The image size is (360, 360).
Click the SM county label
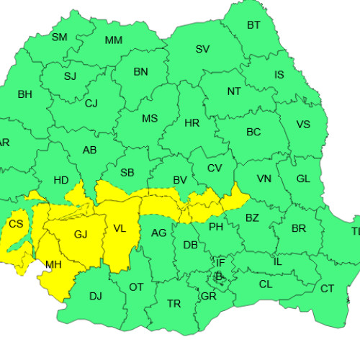tap(60, 37)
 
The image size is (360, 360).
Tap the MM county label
tap(114, 40)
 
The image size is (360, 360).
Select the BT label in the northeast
tap(253, 25)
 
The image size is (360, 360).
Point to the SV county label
tap(202, 49)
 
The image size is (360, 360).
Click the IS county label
tap(279, 75)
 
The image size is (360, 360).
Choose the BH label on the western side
tap(24, 94)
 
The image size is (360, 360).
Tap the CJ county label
tap(91, 104)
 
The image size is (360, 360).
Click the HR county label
tap(192, 123)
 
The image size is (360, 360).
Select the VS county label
tap(303, 124)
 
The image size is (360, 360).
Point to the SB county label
tap(127, 173)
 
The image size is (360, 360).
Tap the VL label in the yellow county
tap(120, 229)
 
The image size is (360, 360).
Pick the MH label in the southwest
tap(53, 264)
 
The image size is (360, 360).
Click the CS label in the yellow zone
tap(16, 225)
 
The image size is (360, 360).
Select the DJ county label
tap(96, 296)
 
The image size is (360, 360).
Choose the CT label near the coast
tap(328, 289)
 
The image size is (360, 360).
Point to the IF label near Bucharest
tap(220, 264)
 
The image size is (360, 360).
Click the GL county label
tap(303, 179)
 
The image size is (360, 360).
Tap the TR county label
tap(174, 304)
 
